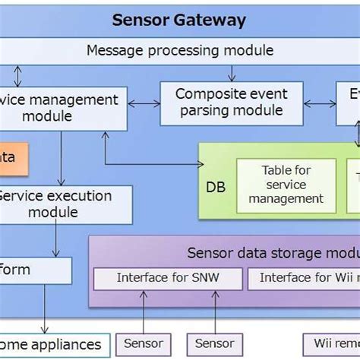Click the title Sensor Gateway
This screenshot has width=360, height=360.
[179, 20]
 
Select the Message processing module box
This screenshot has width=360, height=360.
[179, 51]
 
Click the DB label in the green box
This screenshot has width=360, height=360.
[216, 187]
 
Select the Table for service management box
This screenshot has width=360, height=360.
[285, 185]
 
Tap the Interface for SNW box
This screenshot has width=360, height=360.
[168, 278]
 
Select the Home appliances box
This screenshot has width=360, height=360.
[53, 344]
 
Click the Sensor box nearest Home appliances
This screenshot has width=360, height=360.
[144, 344]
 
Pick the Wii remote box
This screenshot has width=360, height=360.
[332, 344]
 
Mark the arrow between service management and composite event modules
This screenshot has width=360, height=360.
[142, 103]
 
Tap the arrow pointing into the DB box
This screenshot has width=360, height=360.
[152, 163]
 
